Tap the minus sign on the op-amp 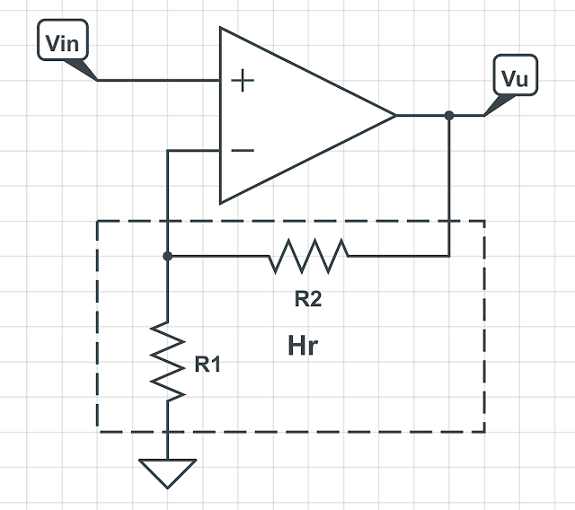coord(243,150)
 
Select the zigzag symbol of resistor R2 coord(307,256)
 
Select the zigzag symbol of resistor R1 coord(168,359)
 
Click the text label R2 coord(307,300)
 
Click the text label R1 coord(208,365)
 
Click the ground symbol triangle coord(168,470)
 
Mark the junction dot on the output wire coord(448,116)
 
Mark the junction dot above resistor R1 coord(168,256)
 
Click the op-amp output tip coord(395,116)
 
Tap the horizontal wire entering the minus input coord(194,150)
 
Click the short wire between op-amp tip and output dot coord(422,116)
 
